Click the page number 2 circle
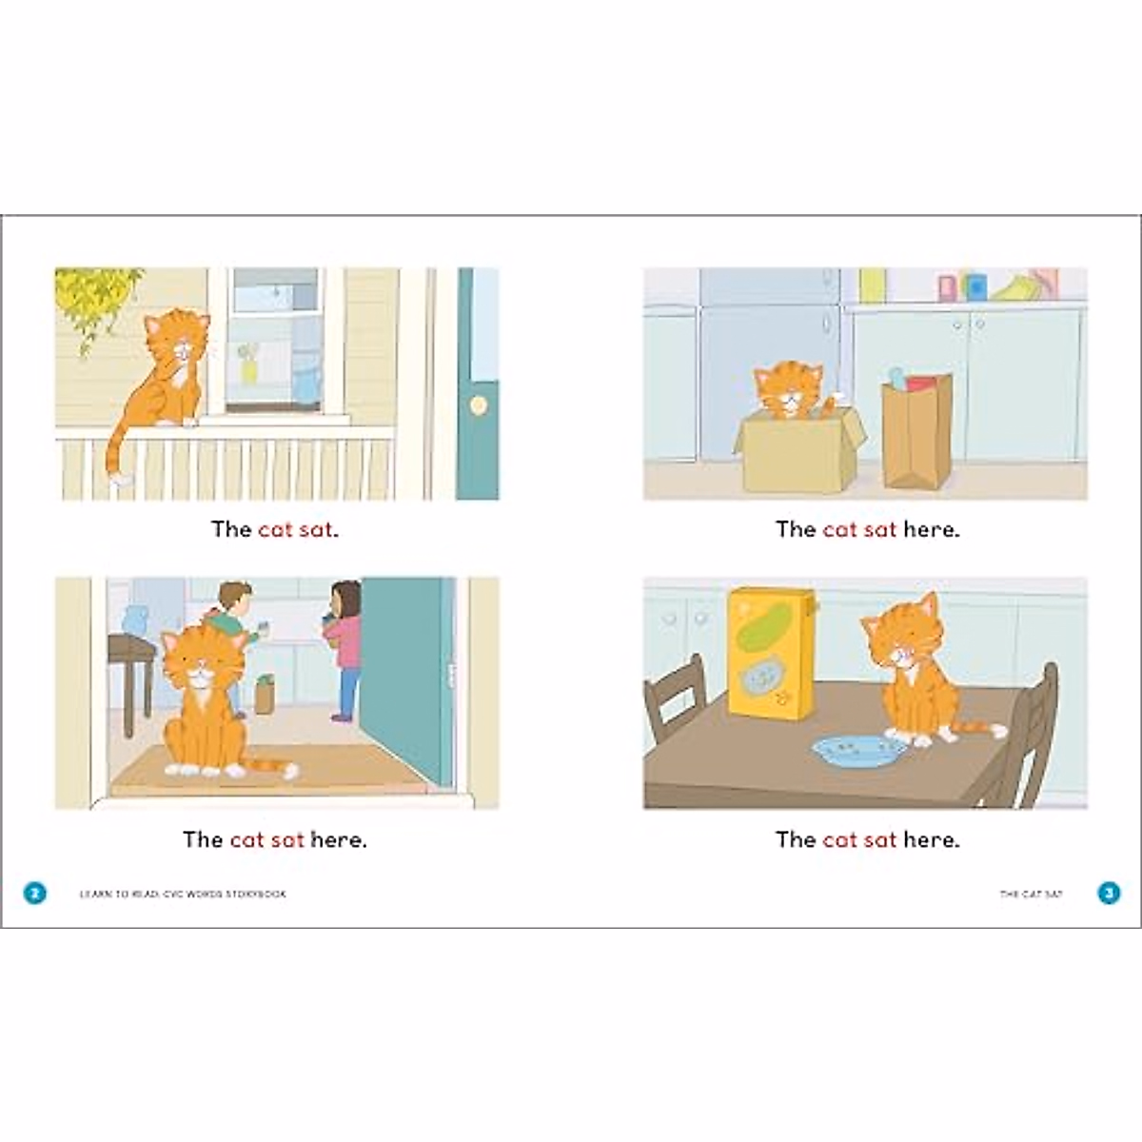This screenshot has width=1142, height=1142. pos(34,893)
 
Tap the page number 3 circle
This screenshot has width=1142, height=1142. pos(1109,893)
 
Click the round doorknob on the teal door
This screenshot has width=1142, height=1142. pos(478,405)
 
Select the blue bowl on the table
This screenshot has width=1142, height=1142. pos(858,752)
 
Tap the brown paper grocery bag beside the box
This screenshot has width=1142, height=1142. pos(916,430)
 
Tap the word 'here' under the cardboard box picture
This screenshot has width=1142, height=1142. pos(931,529)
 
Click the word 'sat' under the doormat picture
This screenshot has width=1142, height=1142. pos(286,839)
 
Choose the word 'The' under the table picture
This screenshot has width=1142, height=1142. pos(796,839)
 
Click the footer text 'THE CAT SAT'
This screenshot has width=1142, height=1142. pos(1031,894)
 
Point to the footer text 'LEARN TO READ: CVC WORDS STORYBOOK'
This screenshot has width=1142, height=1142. pos(182,894)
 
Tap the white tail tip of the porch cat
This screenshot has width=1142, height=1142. pos(120,479)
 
